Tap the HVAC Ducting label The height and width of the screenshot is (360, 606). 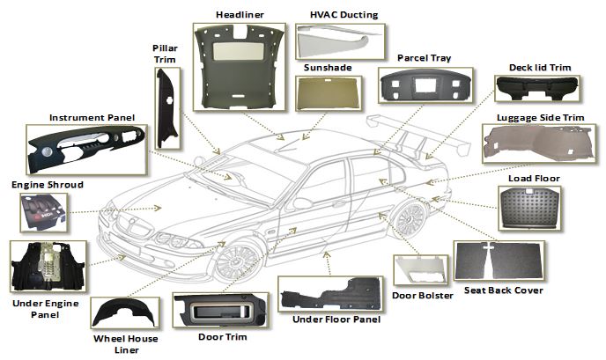point(344,14)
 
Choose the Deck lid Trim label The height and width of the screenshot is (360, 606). point(541,67)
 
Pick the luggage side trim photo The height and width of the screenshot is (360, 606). point(540,144)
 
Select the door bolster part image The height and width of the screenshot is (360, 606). point(421,271)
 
